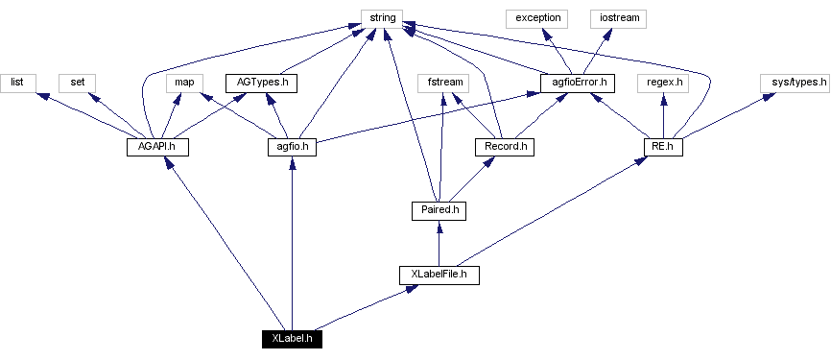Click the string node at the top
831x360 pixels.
coord(382,18)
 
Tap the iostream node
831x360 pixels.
coord(619,18)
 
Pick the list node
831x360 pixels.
coord(17,83)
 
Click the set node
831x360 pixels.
coord(76,83)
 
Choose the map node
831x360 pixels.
coord(185,83)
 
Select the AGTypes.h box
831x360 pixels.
coord(260,83)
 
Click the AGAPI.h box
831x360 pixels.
coord(157,147)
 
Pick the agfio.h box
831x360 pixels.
coord(292,147)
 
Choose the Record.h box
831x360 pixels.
coord(504,147)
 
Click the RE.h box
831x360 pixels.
coord(662,147)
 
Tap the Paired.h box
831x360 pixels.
coord(439,210)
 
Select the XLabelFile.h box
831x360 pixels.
coord(439,275)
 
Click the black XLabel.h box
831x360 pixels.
coord(292,339)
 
